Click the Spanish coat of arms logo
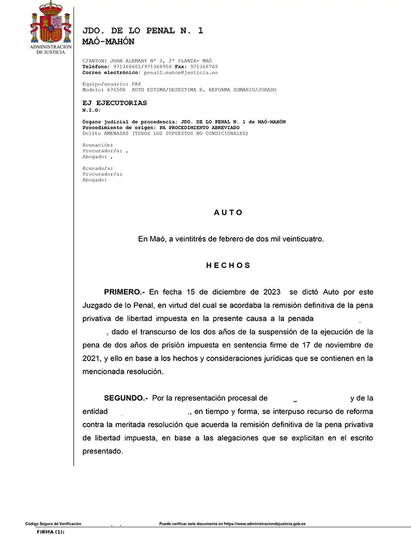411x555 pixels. (51, 23)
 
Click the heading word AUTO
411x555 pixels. (228, 213)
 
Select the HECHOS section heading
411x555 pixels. (228, 265)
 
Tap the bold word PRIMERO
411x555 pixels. (124, 292)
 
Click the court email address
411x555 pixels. (180, 72)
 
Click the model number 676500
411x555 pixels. (115, 89)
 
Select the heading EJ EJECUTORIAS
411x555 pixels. (115, 103)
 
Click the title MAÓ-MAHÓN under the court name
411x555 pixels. (108, 42)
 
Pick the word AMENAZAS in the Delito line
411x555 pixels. (116, 134)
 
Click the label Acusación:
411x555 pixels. (98, 145)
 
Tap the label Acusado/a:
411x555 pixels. (98, 168)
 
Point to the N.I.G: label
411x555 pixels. (92, 110)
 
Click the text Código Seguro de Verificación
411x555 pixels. (53, 524)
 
